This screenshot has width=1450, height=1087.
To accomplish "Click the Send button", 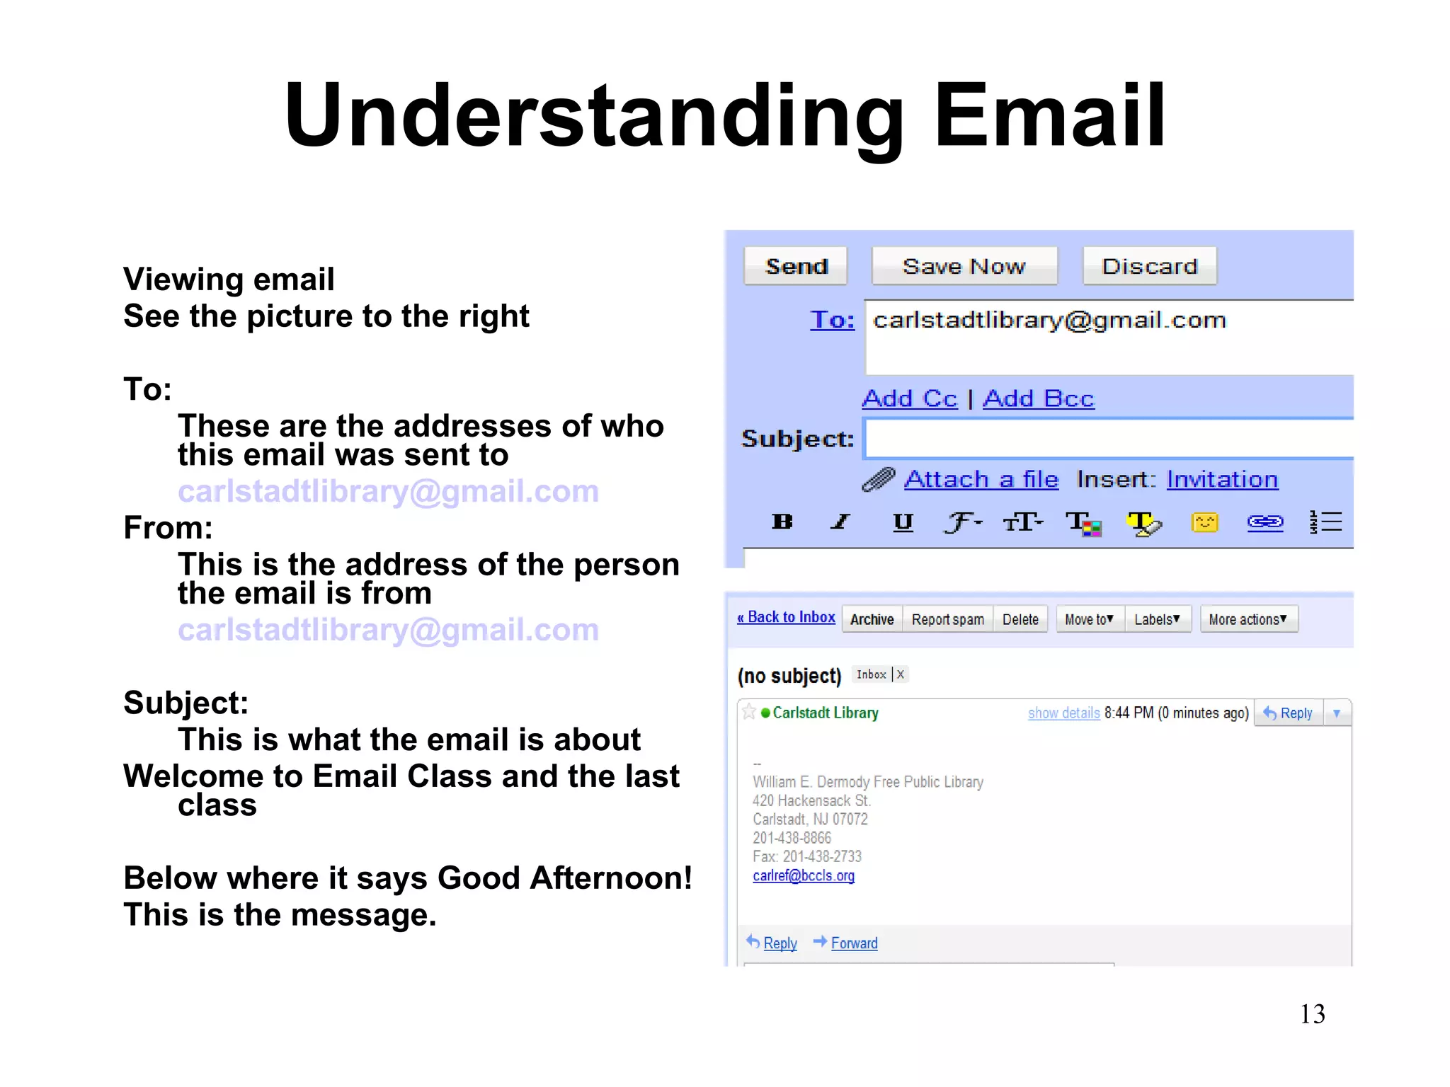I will [795, 266].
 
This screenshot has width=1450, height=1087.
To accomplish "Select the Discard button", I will [1149, 266].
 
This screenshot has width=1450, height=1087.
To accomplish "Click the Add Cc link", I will [909, 398].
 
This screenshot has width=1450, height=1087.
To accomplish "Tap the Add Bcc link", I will [1038, 398].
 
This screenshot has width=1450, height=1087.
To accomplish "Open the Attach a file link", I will [981, 479].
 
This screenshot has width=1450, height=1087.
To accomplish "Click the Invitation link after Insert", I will [1222, 479].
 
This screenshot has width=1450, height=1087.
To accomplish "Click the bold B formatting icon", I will [782, 522].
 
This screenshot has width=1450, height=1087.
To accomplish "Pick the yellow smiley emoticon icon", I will [1204, 522].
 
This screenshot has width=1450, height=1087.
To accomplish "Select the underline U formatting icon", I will [903, 522].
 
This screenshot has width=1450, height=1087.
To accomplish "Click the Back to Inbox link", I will [787, 617].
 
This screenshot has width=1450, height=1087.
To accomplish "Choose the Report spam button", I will [947, 619].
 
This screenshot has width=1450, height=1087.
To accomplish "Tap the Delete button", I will [1020, 619].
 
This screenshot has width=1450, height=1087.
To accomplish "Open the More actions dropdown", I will [1248, 619].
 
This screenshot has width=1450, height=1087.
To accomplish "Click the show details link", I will [1063, 713].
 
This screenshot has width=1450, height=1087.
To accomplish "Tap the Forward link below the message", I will [854, 943].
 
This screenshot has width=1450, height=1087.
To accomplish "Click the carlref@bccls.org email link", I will [804, 875].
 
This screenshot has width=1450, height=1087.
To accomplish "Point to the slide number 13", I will [1312, 1013].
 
